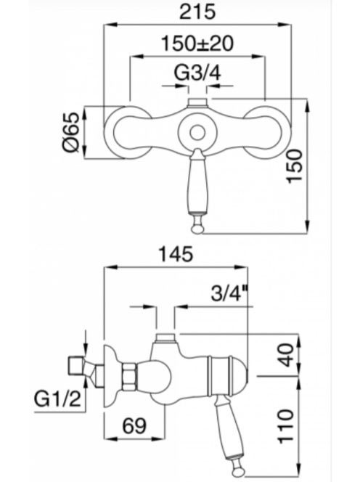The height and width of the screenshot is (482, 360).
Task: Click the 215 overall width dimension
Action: (197, 12)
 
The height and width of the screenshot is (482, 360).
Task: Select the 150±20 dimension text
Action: (197, 44)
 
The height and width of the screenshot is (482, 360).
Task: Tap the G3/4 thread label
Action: (197, 73)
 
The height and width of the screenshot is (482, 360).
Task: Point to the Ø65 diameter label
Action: (72, 132)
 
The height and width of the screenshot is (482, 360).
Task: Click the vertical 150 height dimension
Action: (295, 166)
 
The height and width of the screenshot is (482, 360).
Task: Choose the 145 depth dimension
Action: (176, 254)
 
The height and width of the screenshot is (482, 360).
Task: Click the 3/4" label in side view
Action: (229, 293)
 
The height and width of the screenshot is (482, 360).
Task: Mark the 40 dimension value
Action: (286, 355)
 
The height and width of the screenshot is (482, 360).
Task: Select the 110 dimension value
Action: (286, 426)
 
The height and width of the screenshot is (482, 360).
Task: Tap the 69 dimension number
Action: (135, 426)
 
